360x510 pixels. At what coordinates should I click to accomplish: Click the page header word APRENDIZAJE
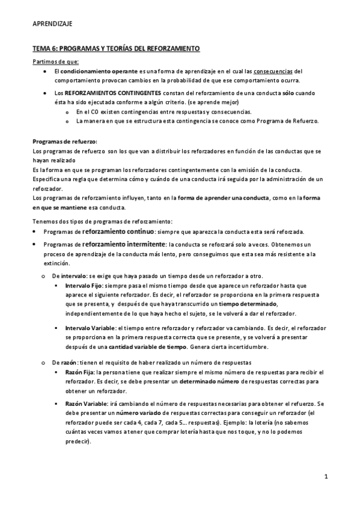click(x=52, y=24)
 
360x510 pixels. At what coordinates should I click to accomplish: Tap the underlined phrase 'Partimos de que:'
click(x=55, y=61)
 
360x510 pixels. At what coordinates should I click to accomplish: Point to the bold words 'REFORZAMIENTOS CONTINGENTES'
click(x=112, y=94)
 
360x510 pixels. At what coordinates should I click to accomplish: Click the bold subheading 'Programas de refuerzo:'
click(x=65, y=141)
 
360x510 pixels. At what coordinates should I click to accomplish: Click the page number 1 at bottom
click(x=325, y=477)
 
